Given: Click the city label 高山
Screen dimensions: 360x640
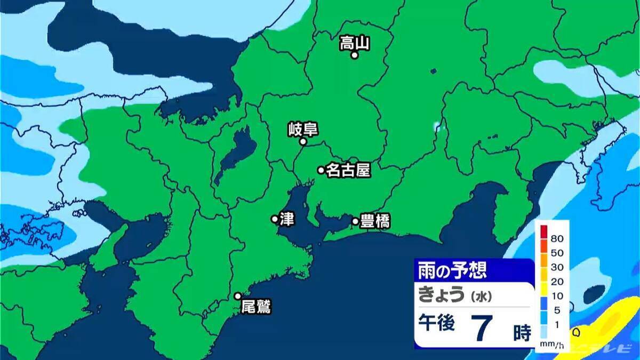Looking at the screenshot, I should [x=355, y=43].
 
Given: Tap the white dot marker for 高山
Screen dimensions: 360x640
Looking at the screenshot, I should [x=354, y=54].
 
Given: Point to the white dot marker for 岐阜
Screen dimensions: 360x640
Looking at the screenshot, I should [x=302, y=142].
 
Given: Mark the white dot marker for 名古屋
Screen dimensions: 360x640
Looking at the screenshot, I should [x=321, y=170].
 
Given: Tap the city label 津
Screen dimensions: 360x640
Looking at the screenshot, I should [x=286, y=219].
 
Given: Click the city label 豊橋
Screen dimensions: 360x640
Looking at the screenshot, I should [x=375, y=221].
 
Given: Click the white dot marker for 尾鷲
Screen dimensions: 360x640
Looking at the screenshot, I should [x=238, y=296].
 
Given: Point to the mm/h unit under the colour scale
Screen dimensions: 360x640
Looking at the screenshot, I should [x=550, y=346].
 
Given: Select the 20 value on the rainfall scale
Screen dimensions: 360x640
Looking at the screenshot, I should [x=556, y=281].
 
